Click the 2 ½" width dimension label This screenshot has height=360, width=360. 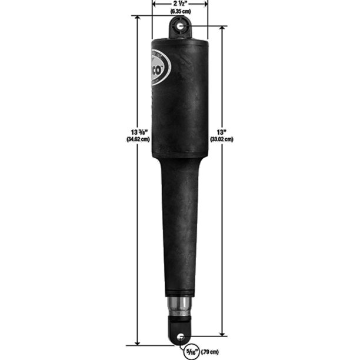pyautogui.click(x=180, y=4)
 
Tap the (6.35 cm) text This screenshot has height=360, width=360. pyautogui.click(x=180, y=11)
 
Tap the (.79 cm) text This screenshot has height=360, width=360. pyautogui.click(x=209, y=351)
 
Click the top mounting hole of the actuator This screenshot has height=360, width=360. pyautogui.click(x=179, y=26)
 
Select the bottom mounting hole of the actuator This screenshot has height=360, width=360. pyautogui.click(x=179, y=337)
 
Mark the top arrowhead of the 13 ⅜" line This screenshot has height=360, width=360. pyautogui.click(x=138, y=18)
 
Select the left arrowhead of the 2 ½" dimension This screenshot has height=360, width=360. pyautogui.click(x=154, y=4)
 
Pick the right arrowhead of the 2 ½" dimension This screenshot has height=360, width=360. pyautogui.click(x=206, y=4)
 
